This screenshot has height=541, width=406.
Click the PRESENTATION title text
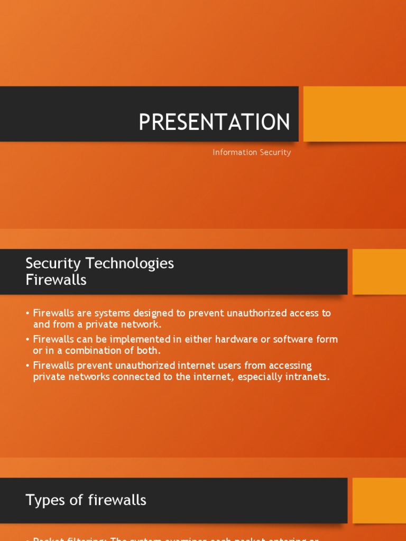pos(214,122)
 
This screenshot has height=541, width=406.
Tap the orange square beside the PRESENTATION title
pos(354,114)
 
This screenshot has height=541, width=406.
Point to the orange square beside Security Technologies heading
pos(379,272)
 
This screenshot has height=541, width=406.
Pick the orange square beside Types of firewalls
pos(379,500)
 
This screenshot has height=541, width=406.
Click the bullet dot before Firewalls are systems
pos(27,313)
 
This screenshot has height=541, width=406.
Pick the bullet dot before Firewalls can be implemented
pos(27,339)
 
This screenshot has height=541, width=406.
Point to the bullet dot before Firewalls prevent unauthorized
pos(27,366)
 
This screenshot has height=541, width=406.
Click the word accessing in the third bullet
pos(288,366)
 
